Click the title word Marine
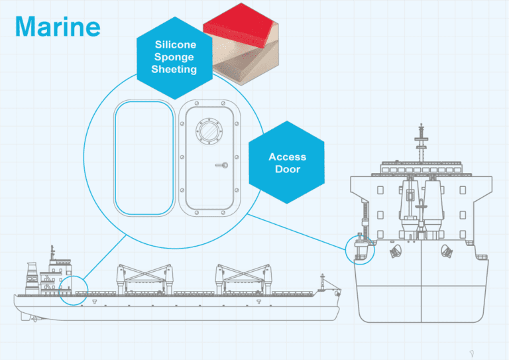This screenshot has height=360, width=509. (x=57, y=26)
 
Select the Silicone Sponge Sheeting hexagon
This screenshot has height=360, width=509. (x=175, y=58)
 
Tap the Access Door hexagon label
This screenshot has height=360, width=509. (x=287, y=162)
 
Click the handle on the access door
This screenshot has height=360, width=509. (x=223, y=164)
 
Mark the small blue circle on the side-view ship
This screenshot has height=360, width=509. (x=73, y=290)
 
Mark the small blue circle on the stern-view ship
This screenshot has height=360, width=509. (x=361, y=249)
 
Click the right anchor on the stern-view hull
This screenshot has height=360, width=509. (x=445, y=251)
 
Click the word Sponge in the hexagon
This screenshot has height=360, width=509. (x=175, y=58)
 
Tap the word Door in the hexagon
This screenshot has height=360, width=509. (x=288, y=169)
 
